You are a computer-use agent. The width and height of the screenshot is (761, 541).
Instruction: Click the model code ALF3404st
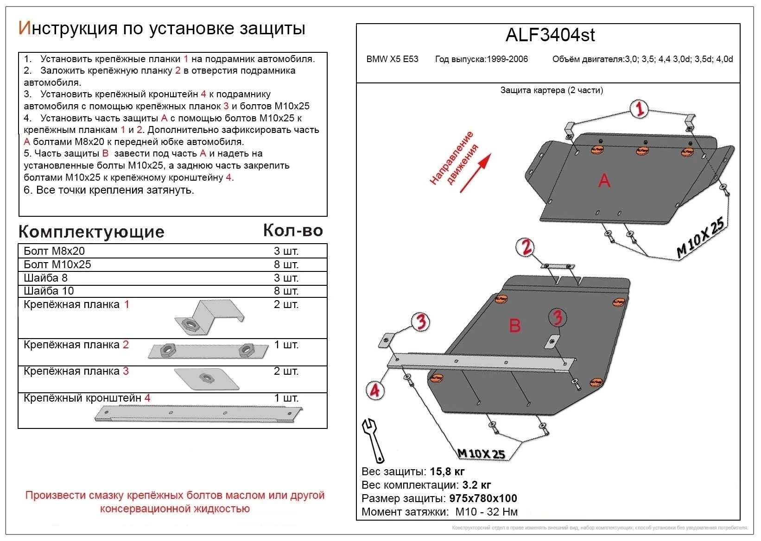tap(550, 35)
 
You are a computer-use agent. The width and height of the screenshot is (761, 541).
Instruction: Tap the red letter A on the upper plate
tap(604, 180)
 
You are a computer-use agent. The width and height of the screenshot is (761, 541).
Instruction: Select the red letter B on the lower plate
tap(515, 326)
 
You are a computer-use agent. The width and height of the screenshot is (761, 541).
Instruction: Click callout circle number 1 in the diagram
tap(640, 109)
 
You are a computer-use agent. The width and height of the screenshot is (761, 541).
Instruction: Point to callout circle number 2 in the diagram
tap(526, 247)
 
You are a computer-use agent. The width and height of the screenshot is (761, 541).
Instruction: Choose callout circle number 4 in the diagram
tap(374, 390)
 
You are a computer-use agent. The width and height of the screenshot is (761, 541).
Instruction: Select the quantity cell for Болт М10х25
tap(286, 264)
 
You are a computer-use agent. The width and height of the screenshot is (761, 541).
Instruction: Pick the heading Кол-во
tap(293, 230)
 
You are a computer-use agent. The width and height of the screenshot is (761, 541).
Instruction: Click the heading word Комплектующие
tap(91, 232)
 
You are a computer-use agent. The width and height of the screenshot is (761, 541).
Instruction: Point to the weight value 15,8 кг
tap(447, 472)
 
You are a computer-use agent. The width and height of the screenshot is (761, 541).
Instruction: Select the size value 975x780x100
tap(483, 498)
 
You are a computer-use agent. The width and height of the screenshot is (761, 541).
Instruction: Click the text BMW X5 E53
tap(392, 59)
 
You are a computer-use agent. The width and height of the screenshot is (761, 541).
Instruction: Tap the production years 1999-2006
tap(507, 59)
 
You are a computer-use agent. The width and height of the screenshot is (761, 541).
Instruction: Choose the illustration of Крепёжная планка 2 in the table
tap(208, 351)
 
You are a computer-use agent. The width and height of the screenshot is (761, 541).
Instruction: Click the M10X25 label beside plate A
tap(700, 238)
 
